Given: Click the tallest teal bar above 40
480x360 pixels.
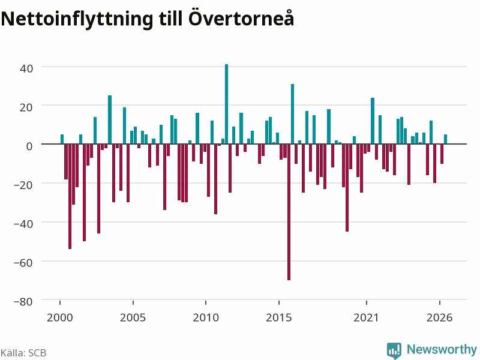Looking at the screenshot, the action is [227, 104].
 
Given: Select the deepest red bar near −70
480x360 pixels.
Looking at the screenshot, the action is [289, 212].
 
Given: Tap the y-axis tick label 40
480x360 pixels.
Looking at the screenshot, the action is [26, 68].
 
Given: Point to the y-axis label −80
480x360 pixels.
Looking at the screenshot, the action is [23, 302].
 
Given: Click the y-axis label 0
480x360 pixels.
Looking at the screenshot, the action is [29, 146].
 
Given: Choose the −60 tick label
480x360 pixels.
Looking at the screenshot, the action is [23, 263].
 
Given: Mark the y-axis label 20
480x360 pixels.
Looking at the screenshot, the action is [26, 107].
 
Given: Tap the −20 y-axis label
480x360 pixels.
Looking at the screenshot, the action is [23, 185].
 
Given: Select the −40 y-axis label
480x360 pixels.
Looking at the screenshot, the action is [23, 224].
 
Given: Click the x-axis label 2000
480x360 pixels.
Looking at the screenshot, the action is [59, 317].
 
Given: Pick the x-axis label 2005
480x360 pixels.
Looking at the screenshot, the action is [133, 317].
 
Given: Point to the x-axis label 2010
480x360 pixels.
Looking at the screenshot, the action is [206, 317].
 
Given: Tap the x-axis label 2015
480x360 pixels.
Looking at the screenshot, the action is [278, 317].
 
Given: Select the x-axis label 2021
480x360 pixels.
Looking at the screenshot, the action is [366, 317].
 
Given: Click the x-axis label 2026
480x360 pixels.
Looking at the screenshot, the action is [439, 317].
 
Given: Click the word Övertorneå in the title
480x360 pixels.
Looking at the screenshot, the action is [241, 19].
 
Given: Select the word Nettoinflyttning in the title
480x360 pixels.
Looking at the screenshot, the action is [77, 20].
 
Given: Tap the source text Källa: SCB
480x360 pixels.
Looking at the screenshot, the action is [23, 353].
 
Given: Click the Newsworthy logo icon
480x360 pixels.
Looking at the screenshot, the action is [394, 350].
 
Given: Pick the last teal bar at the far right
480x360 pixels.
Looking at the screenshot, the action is [445, 139].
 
